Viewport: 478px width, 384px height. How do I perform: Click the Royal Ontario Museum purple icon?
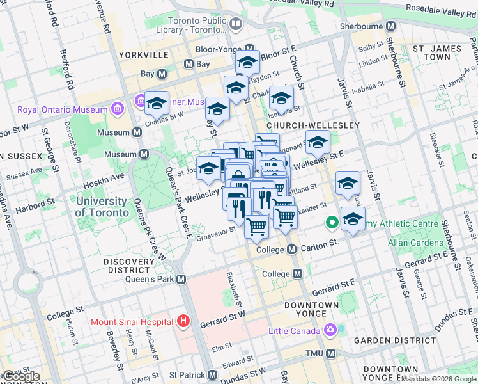pos(117,109)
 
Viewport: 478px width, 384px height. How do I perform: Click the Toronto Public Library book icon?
pos(236,25)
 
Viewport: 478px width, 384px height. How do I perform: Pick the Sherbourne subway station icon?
pos(391,26)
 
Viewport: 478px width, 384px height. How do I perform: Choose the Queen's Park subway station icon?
pos(182,279)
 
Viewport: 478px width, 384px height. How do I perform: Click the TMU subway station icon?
pos(330,353)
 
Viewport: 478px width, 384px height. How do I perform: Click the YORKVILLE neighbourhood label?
pos(148,54)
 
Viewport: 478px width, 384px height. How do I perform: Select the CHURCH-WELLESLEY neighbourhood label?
pos(313,125)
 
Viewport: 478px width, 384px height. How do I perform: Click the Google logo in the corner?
pos(20,376)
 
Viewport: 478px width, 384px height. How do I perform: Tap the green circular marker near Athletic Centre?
pos(332,223)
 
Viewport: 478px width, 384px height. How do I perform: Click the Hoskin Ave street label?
pos(109,177)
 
